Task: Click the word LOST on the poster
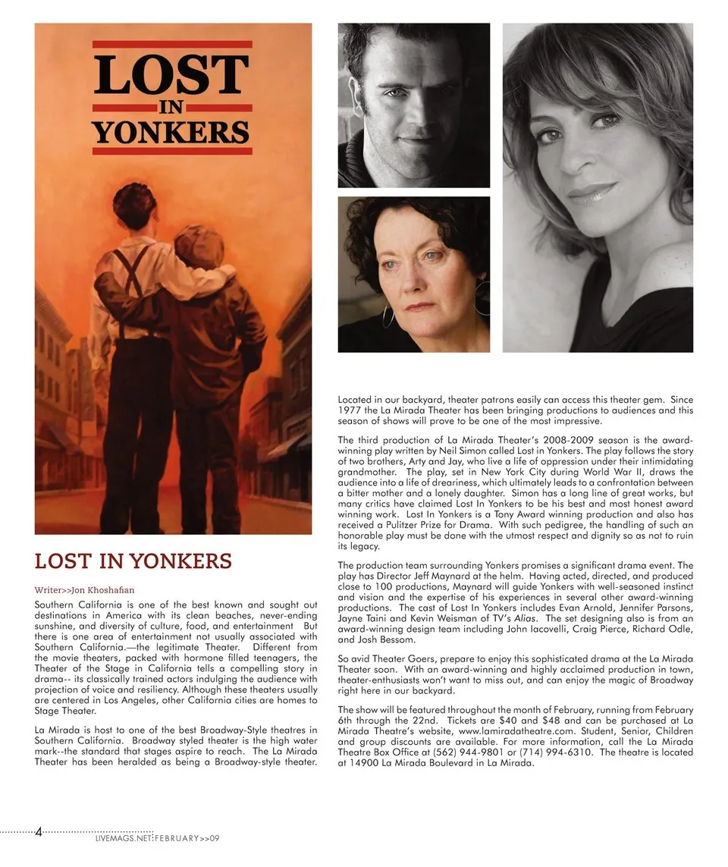(x=172, y=74)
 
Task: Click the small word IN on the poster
(x=172, y=106)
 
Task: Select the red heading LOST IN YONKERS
(x=133, y=562)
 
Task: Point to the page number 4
(x=39, y=833)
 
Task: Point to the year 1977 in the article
(x=350, y=410)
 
